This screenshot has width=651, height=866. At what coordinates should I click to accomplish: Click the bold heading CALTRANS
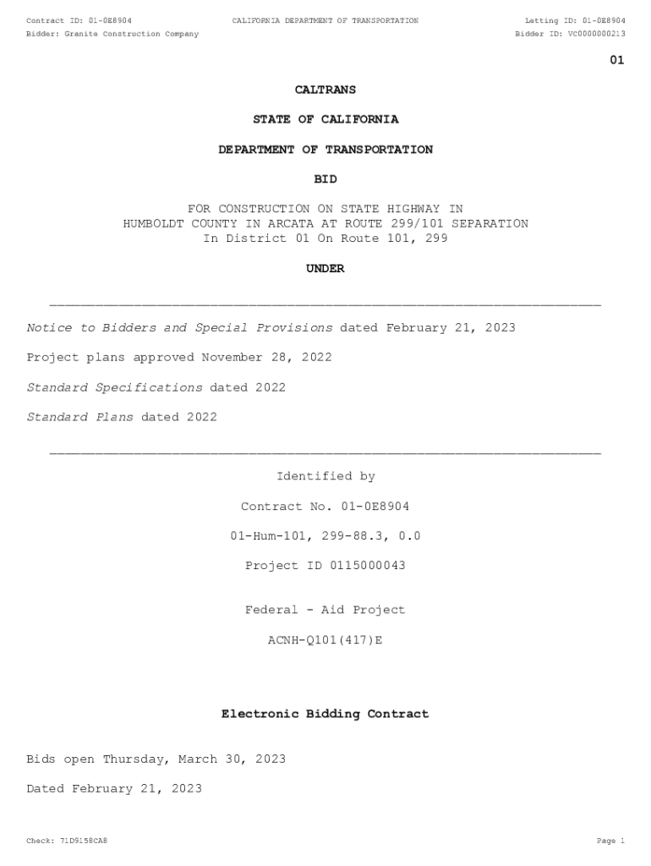click(x=325, y=90)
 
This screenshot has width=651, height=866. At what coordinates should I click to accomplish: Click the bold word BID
click(x=325, y=179)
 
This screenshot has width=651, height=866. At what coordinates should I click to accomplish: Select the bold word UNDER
click(x=325, y=269)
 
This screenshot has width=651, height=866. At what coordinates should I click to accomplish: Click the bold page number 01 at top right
click(x=617, y=60)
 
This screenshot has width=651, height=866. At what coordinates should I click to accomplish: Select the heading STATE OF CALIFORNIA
click(x=325, y=119)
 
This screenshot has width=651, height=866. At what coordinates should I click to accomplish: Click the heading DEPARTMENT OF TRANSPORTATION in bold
click(x=325, y=150)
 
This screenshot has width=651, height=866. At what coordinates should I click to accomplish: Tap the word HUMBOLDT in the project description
click(x=156, y=224)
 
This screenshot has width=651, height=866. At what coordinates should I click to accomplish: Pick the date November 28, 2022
click(x=266, y=358)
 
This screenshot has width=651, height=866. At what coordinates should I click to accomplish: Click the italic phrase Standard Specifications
click(x=114, y=387)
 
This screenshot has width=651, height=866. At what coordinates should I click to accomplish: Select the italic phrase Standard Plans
click(x=79, y=417)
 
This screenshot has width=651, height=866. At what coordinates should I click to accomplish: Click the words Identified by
click(x=325, y=477)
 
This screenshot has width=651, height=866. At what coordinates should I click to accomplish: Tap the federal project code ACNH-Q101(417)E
click(x=325, y=640)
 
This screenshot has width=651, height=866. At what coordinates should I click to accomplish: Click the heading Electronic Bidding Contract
click(x=325, y=715)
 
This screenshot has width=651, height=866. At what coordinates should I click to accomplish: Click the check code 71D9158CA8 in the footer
click(x=84, y=841)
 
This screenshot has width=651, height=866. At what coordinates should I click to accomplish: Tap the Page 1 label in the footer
click(x=610, y=841)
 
